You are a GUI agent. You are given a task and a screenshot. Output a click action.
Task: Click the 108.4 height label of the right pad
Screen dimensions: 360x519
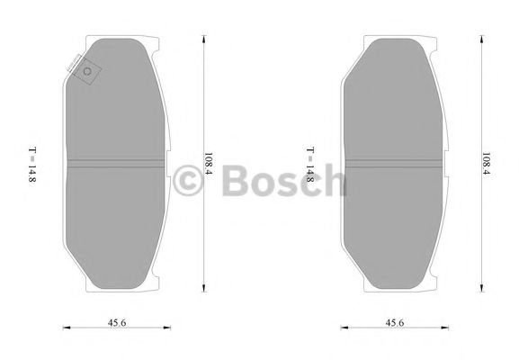pyautogui.click(x=486, y=165)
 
